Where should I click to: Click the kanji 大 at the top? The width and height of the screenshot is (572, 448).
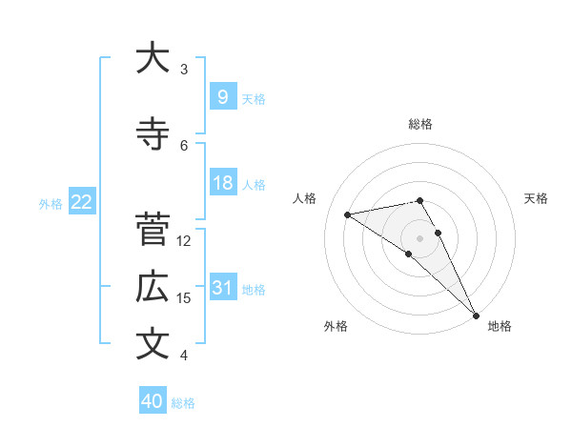(153, 58)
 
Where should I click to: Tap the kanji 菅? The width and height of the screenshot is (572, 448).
(153, 230)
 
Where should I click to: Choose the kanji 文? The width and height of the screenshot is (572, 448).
(153, 344)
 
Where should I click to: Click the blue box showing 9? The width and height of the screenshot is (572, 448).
(222, 96)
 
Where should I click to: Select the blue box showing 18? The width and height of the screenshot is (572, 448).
(222, 183)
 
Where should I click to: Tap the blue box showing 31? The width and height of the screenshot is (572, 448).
(222, 288)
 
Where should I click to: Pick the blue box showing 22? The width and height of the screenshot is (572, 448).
(81, 202)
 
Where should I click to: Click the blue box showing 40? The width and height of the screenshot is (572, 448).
(153, 401)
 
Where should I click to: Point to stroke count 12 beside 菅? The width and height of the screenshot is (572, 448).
(184, 241)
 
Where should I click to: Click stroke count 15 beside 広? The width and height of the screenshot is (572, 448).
(184, 298)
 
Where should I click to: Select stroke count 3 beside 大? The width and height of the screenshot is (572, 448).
(184, 70)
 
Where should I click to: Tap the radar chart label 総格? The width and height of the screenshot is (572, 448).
(419, 124)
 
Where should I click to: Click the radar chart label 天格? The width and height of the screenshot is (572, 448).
(536, 198)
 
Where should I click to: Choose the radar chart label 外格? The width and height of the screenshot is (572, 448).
(336, 327)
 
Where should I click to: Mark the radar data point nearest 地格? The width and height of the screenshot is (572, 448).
(476, 315)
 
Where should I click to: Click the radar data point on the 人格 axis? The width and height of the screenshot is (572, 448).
(348, 214)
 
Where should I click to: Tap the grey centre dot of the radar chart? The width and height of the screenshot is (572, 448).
(419, 238)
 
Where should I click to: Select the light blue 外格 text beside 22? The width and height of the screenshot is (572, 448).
(50, 203)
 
